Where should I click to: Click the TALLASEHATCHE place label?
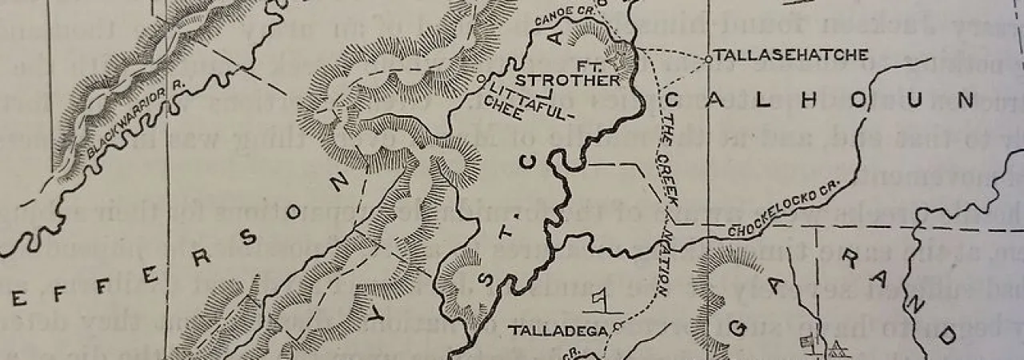(x=790, y=55)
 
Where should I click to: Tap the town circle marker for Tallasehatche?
(x=708, y=58)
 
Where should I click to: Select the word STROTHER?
(x=566, y=81)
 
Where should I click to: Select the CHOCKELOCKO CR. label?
(x=784, y=213)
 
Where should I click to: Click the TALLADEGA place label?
(x=560, y=330)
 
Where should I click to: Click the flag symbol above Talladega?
(x=597, y=300)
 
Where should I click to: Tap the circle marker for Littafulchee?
(x=480, y=79)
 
